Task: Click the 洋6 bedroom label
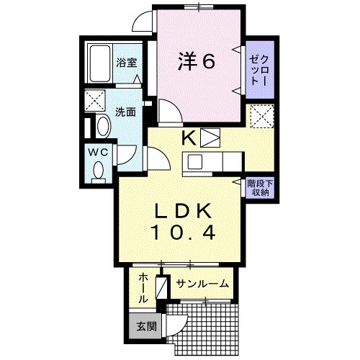196,62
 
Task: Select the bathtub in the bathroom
99,64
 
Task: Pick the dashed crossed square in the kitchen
259,116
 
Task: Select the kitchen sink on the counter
195,161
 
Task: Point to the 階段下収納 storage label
258,188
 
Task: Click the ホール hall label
143,286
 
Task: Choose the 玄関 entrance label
144,326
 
